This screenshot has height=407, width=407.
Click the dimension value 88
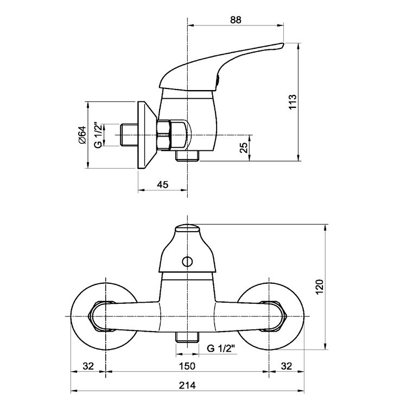coord(236,20)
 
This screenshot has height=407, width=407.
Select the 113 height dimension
coord(292,102)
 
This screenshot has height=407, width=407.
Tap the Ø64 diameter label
coord(82,135)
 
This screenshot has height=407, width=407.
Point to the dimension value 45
coord(162,185)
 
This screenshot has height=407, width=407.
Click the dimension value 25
coord(244,148)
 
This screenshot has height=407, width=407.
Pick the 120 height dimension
coord(319,287)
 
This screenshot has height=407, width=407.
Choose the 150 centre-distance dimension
coord(187,366)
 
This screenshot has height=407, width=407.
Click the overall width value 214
coord(187,385)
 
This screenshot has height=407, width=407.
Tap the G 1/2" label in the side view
coord(98,135)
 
